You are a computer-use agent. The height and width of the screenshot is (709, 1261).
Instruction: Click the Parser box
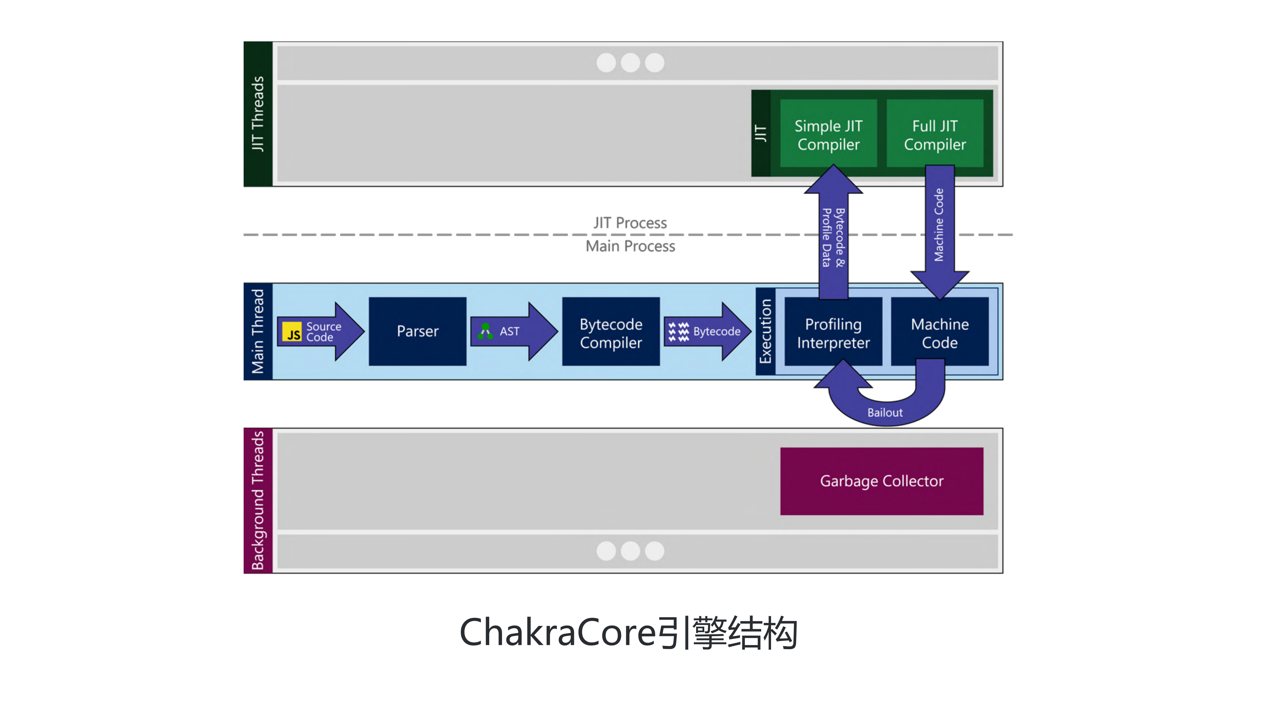[417, 331]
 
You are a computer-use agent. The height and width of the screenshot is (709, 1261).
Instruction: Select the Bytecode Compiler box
[610, 331]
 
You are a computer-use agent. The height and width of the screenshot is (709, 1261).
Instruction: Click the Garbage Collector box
[881, 481]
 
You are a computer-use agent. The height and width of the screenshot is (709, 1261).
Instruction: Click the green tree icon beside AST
[485, 331]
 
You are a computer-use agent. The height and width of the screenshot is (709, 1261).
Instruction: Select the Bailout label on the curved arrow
[885, 412]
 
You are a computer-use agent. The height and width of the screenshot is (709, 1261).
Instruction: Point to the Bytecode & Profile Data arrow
[833, 237]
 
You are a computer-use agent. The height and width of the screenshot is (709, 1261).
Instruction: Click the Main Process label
[630, 246]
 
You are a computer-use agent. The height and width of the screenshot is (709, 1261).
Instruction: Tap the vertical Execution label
[765, 331]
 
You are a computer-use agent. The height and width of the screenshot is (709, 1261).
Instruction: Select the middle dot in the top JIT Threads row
[630, 63]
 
